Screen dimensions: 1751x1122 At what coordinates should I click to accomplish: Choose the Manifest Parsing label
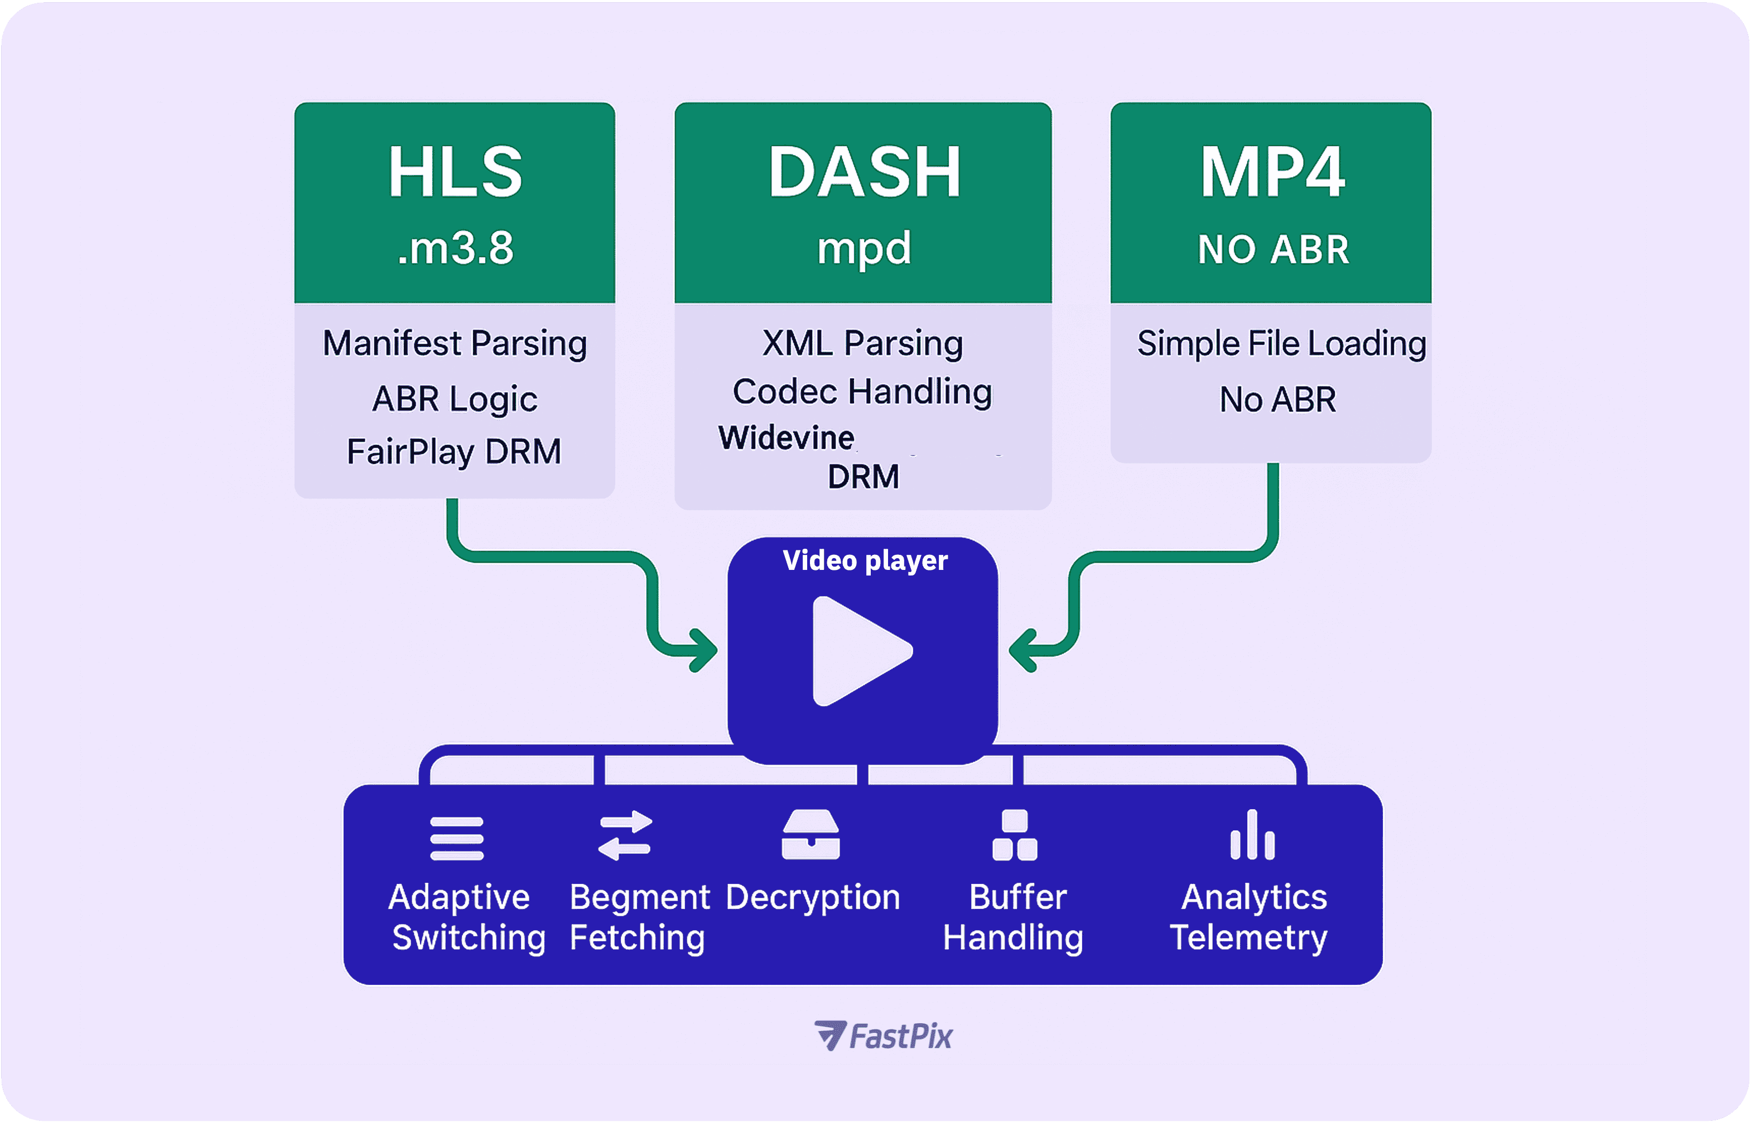455,343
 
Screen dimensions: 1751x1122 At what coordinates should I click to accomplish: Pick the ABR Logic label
455,399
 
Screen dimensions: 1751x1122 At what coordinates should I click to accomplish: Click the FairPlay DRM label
454,452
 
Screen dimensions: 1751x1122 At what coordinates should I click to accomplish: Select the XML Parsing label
863,343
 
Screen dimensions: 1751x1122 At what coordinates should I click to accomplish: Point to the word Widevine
786,438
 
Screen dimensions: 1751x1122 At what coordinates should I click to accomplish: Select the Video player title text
865,560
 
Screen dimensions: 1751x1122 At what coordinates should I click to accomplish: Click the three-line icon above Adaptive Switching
457,839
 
